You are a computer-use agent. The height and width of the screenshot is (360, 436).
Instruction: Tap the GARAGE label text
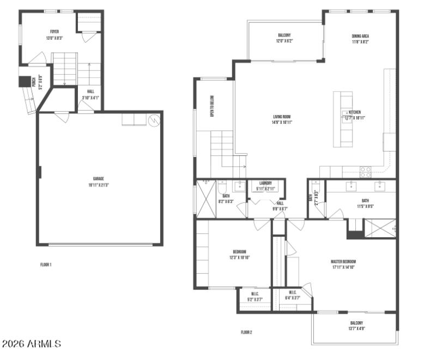[98, 178]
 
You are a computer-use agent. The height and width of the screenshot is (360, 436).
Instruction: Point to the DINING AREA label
[361, 36]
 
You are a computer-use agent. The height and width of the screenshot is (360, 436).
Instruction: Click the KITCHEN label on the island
[355, 112]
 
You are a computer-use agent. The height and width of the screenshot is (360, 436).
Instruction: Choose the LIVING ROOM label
[282, 116]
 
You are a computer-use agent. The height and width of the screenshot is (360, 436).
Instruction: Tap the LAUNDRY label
[265, 183]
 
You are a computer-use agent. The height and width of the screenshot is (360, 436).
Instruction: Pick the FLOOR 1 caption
[46, 265]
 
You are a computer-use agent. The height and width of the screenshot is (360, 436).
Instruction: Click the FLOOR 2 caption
[246, 332]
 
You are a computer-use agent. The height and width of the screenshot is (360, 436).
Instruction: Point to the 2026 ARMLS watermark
[32, 344]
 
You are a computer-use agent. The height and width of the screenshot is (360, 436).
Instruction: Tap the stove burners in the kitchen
[365, 172]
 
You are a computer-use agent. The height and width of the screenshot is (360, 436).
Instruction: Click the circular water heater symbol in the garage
[154, 119]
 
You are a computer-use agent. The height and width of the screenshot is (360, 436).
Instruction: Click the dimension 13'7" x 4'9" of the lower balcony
[356, 328]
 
